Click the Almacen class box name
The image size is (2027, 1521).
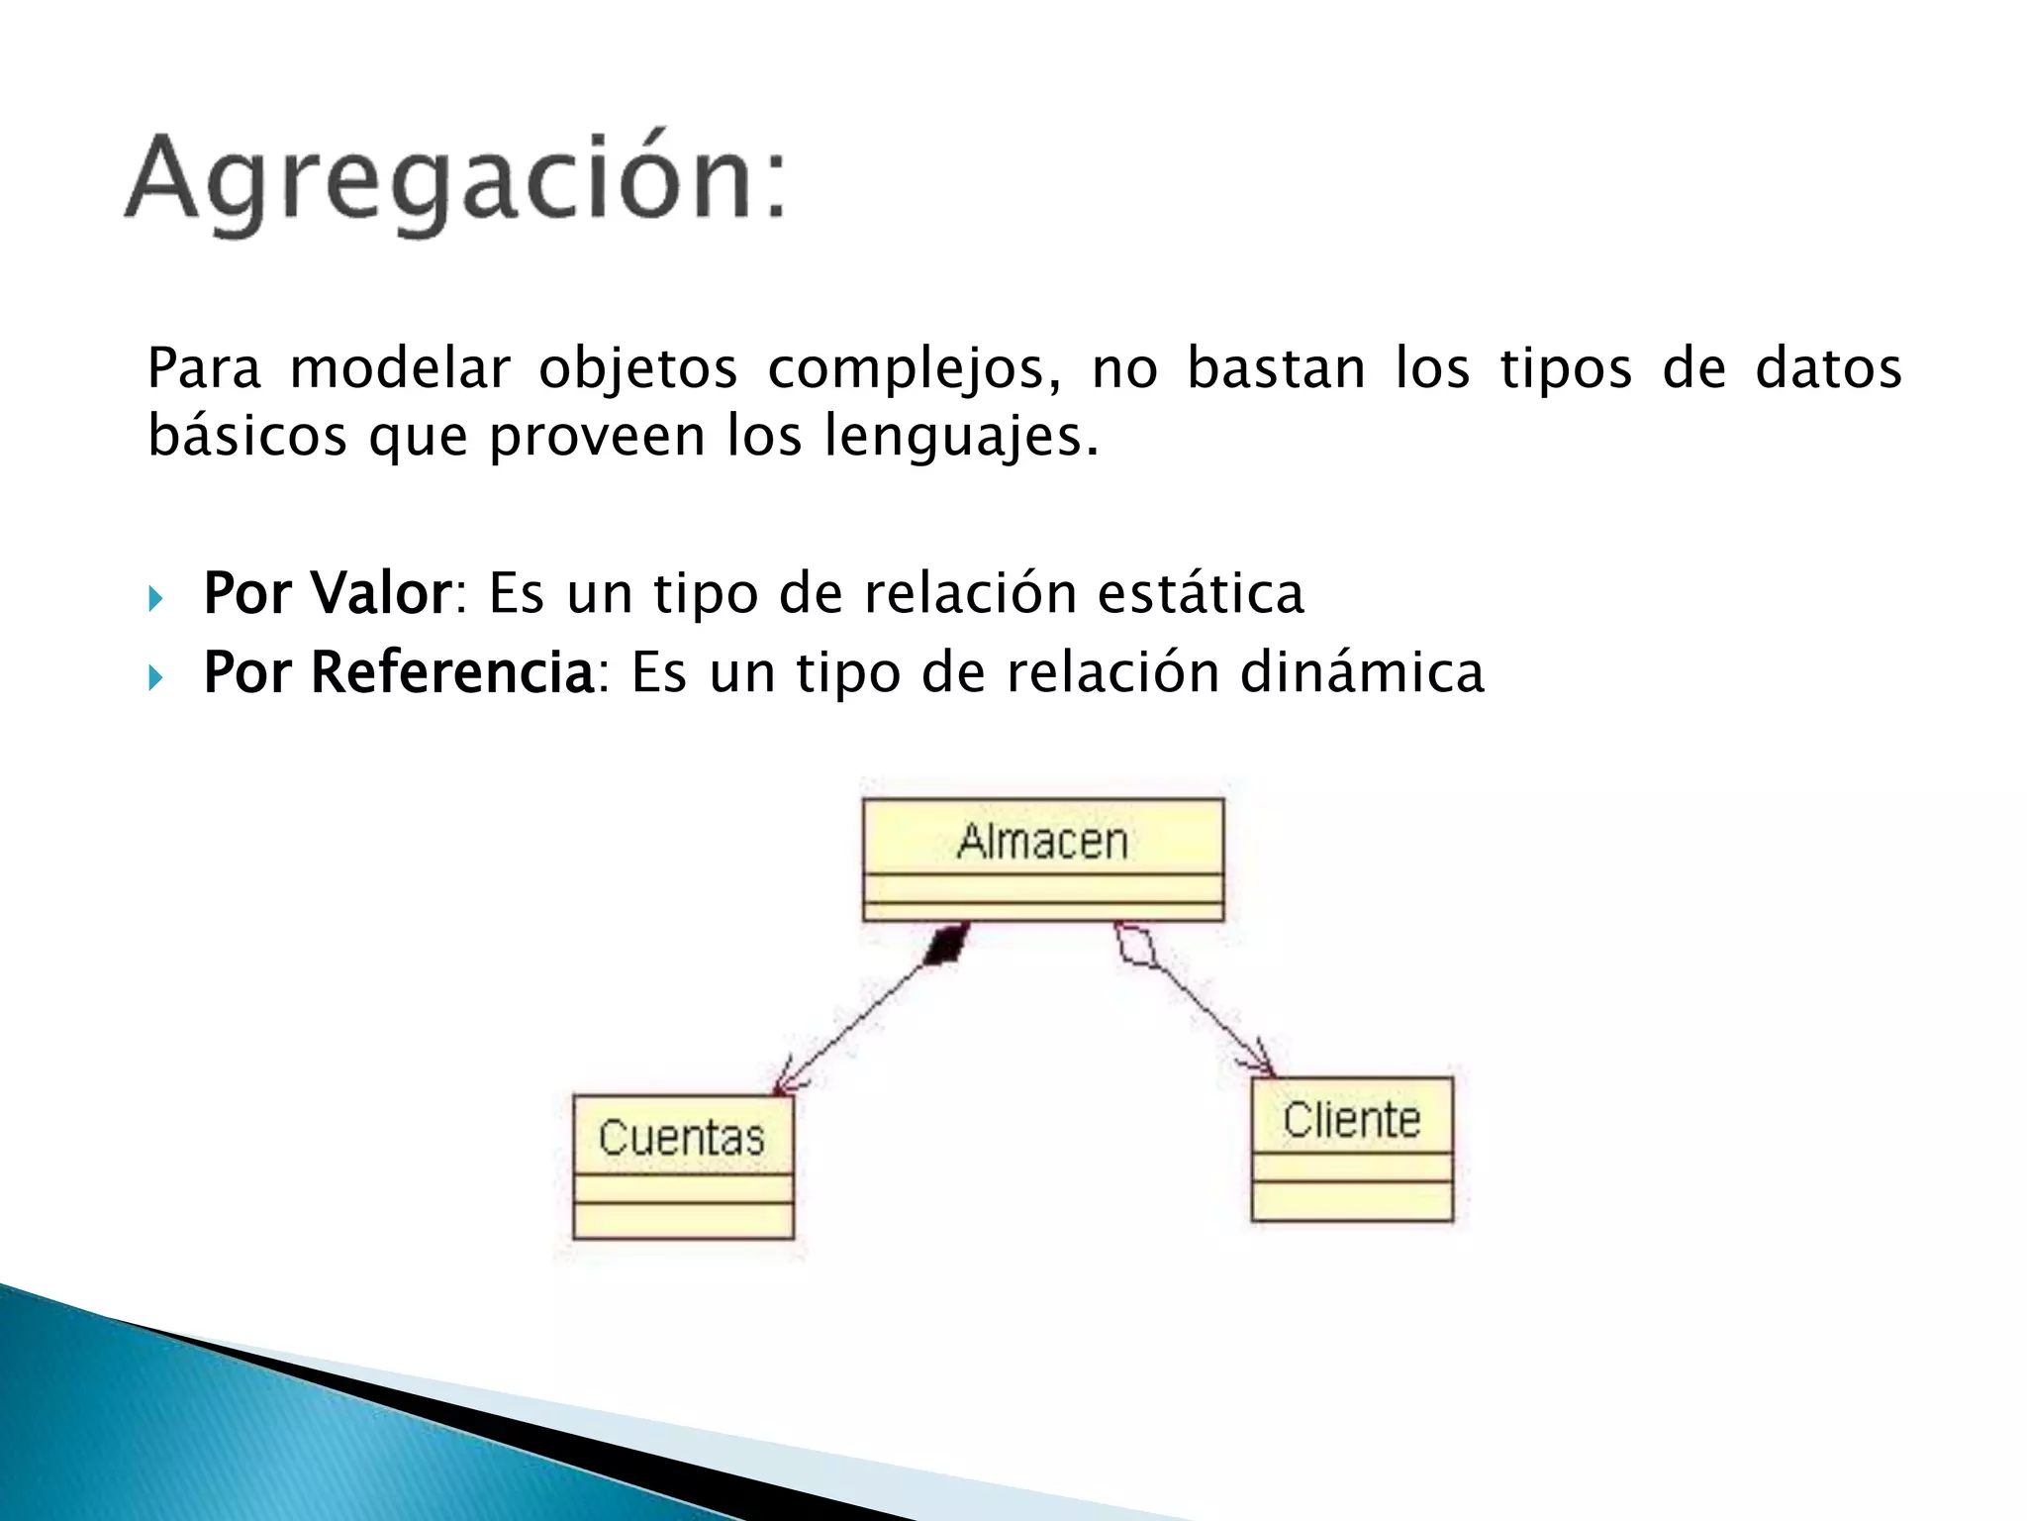1042,841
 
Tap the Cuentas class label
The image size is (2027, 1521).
682,1137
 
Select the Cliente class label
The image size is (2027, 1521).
1351,1120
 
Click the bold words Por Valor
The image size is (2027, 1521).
328,593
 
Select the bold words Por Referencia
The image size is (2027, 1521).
398,672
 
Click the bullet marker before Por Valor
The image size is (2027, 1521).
155,598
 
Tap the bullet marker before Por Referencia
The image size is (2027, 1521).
155,677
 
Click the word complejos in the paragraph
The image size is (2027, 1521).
913,368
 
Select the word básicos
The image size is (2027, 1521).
246,436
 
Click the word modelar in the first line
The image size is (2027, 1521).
399,368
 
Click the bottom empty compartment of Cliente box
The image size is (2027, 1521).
1351,1200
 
